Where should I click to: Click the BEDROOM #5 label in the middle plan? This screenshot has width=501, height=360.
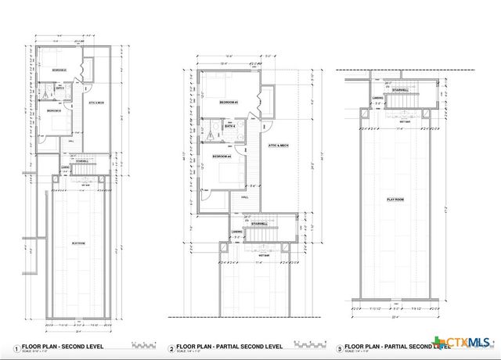click(x=228, y=103)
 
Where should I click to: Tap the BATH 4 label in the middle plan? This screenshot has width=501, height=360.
click(x=230, y=126)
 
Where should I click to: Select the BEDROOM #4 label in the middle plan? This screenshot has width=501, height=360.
click(x=222, y=157)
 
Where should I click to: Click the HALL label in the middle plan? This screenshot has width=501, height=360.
click(x=245, y=197)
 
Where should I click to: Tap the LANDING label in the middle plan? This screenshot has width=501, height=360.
click(x=236, y=232)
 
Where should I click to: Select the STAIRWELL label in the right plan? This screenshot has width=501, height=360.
click(x=399, y=90)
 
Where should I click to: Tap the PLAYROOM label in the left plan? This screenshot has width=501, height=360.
click(x=78, y=243)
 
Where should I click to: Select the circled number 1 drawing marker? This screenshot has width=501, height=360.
click(x=15, y=347)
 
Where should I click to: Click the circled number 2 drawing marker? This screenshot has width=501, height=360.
click(x=172, y=347)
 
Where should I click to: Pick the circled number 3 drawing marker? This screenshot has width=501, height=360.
click(x=339, y=347)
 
